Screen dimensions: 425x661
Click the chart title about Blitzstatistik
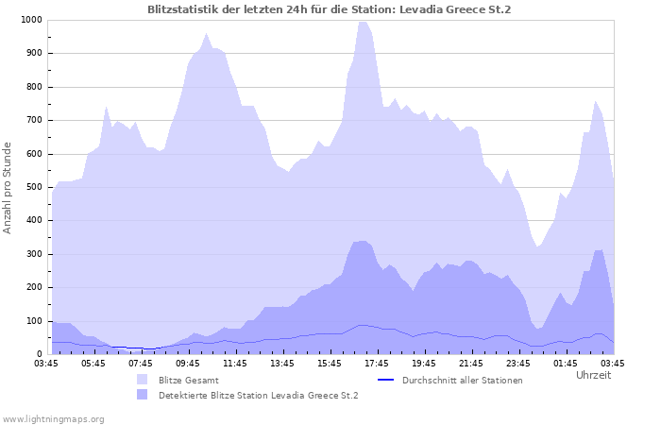coord(330,9)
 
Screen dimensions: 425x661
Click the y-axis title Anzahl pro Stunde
coord(8,188)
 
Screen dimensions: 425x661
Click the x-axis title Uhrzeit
coord(593,375)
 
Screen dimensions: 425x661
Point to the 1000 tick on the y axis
coord(30,20)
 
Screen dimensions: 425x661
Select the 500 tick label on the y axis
coord(33,187)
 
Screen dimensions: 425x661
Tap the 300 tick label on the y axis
coord(33,254)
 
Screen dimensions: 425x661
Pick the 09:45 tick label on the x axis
coord(188,363)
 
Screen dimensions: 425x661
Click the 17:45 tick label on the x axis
coord(377,363)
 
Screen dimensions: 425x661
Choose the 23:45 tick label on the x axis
coord(518,363)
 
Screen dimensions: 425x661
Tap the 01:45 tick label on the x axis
coord(566,363)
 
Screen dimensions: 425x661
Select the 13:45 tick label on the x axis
coord(282,363)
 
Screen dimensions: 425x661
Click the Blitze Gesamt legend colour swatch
coord(143,380)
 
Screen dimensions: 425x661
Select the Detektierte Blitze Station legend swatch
coord(143,395)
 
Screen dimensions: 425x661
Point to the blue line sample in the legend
coord(384,380)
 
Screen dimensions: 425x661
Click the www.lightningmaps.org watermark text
coord(53,418)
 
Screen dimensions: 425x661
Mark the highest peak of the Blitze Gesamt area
coord(364,22)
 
